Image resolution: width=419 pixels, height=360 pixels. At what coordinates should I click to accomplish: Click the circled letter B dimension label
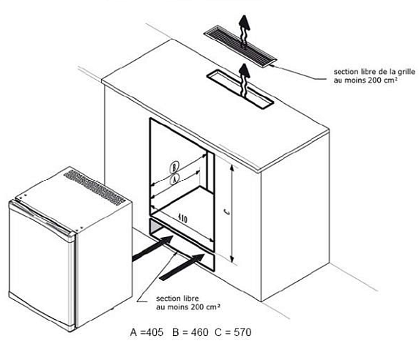click(x=174, y=168)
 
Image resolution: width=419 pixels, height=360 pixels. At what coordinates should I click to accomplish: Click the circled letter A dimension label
click(x=174, y=179)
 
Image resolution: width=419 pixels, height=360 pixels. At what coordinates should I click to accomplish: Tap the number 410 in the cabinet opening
click(x=182, y=219)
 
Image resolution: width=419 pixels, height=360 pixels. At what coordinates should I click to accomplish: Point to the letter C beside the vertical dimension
click(x=226, y=211)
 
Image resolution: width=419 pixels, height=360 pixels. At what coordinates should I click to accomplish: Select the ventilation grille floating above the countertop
click(x=240, y=46)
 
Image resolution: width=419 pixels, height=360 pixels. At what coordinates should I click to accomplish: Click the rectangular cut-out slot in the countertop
click(x=240, y=89)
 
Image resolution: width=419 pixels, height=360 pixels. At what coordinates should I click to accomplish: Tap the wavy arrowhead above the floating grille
click(x=244, y=23)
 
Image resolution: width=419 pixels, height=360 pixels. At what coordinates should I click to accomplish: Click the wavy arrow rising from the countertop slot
click(x=244, y=80)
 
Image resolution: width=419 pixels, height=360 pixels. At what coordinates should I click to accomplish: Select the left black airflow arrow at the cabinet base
click(x=152, y=249)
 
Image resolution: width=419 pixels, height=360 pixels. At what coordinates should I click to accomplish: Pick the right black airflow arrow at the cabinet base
click(x=182, y=267)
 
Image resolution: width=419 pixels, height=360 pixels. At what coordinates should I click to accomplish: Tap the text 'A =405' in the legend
click(x=147, y=332)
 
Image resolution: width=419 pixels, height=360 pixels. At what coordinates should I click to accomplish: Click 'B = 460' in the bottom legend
click(x=190, y=332)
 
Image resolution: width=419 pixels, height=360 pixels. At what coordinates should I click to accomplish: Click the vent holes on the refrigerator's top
click(x=94, y=187)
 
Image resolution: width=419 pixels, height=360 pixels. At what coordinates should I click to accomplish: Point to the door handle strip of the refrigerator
click(x=42, y=219)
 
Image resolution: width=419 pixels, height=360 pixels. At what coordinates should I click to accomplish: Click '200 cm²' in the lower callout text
click(x=206, y=307)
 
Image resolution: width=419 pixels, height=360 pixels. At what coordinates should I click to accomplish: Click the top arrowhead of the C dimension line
click(x=232, y=168)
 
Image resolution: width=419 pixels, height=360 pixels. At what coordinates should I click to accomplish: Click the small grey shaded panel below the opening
click(x=155, y=227)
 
